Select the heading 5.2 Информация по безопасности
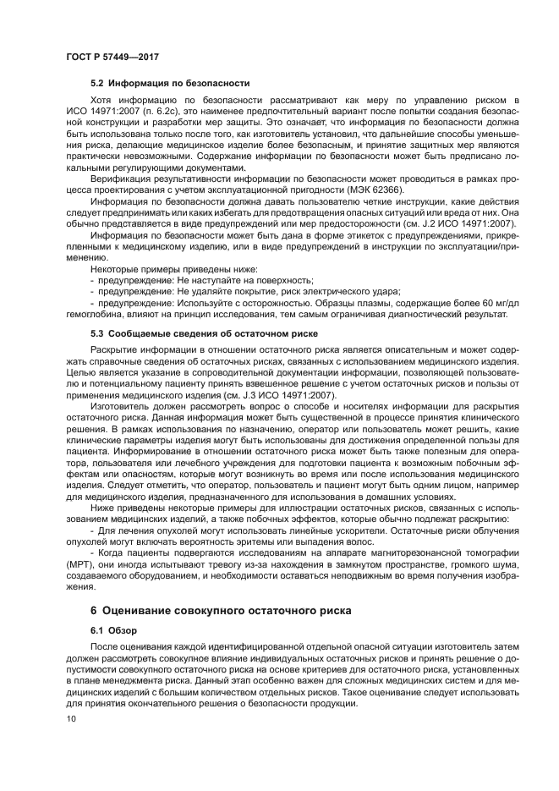tap(170, 83)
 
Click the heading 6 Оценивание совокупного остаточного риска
tap(220, 610)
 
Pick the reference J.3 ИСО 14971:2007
tap(276, 395)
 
